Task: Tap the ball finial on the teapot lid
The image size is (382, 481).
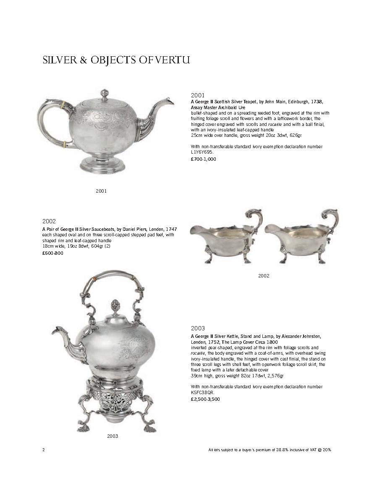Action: pyautogui.click(x=104, y=93)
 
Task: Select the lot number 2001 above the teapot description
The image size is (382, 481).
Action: pyautogui.click(x=197, y=95)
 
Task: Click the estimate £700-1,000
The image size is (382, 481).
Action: pyautogui.click(x=204, y=159)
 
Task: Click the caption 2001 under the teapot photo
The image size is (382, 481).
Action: pyautogui.click(x=101, y=191)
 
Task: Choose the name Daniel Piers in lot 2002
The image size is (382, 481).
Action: pyautogui.click(x=143, y=230)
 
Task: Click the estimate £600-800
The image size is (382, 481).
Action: pyautogui.click(x=53, y=253)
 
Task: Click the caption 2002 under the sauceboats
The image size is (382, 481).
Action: pyautogui.click(x=264, y=276)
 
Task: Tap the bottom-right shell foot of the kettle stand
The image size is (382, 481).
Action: pyautogui.click(x=149, y=428)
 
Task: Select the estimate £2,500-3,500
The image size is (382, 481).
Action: pyautogui.click(x=205, y=399)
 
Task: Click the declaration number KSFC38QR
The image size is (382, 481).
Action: pyautogui.click(x=203, y=392)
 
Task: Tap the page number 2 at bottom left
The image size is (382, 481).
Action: pyautogui.click(x=44, y=450)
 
